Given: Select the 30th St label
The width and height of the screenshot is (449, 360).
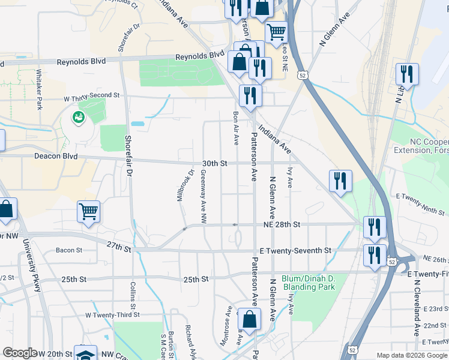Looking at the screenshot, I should tap(215, 163).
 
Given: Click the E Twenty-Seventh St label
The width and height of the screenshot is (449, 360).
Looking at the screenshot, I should tap(295, 250).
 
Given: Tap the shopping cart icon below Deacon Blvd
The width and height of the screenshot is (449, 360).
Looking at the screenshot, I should tap(88, 211).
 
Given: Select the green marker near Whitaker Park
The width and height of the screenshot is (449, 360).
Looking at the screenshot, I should tap(78, 118).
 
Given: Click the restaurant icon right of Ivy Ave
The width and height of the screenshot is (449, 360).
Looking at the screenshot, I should tap(340, 180).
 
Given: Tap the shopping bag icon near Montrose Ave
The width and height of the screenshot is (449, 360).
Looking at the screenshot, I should tap(249, 319).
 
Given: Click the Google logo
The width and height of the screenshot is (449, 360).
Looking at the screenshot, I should tap(20, 353).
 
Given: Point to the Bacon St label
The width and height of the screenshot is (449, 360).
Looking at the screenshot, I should tap(68, 250).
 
